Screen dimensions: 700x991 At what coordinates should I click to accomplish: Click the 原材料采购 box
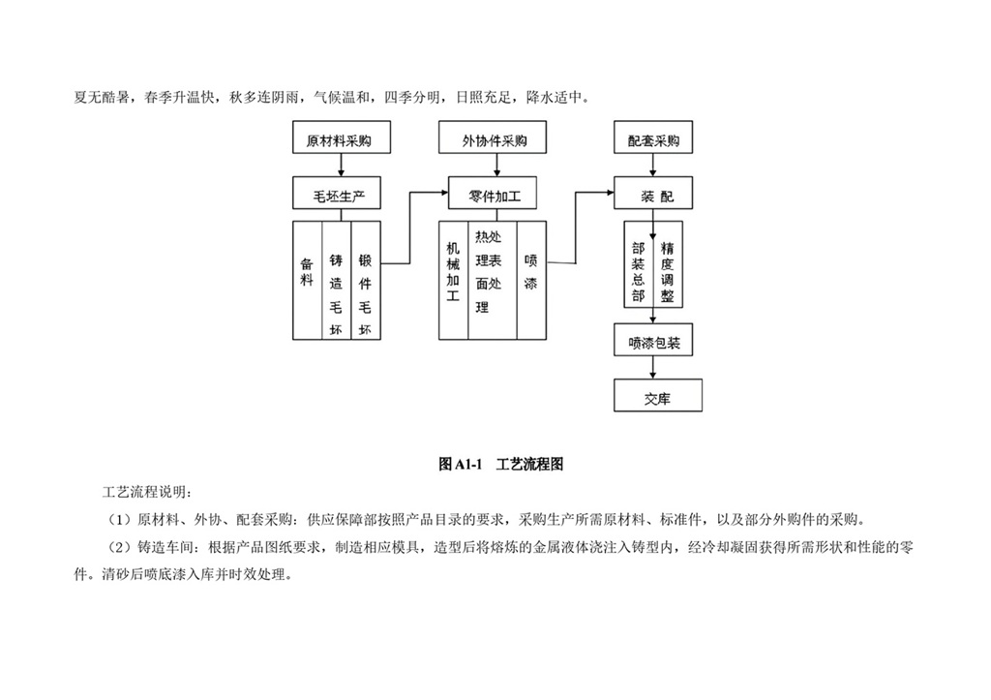click(x=338, y=140)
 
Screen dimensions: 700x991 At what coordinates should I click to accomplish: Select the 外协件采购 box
click(x=495, y=140)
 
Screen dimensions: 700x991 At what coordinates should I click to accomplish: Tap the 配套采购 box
click(x=653, y=140)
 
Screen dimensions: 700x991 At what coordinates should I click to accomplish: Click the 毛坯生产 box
click(x=338, y=196)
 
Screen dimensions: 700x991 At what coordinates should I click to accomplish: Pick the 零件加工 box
click(x=495, y=196)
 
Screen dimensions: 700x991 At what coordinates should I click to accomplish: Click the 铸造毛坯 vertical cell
click(x=336, y=281)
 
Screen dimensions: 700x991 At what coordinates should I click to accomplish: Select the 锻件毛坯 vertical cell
click(x=366, y=281)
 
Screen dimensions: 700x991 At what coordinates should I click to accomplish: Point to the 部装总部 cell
click(x=638, y=272)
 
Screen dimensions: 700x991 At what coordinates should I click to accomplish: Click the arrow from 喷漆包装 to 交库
click(x=655, y=369)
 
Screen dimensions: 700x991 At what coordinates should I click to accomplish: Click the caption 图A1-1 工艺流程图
click(x=500, y=465)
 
